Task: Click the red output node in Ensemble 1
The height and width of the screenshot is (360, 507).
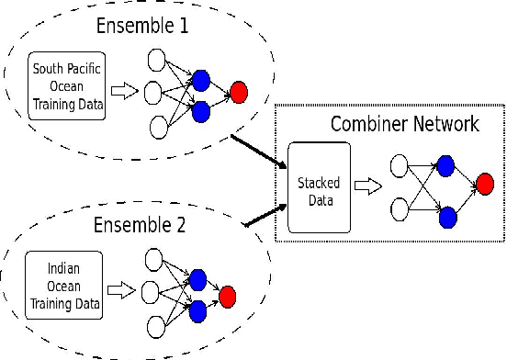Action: click(x=239, y=92)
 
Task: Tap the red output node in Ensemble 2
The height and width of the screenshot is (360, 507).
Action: click(x=229, y=296)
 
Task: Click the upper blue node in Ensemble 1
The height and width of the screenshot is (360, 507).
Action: click(x=200, y=79)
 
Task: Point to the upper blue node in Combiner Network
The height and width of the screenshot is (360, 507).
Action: click(x=446, y=165)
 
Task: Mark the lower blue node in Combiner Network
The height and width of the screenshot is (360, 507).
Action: click(x=446, y=217)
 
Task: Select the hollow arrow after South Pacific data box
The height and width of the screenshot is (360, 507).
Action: click(x=122, y=90)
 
